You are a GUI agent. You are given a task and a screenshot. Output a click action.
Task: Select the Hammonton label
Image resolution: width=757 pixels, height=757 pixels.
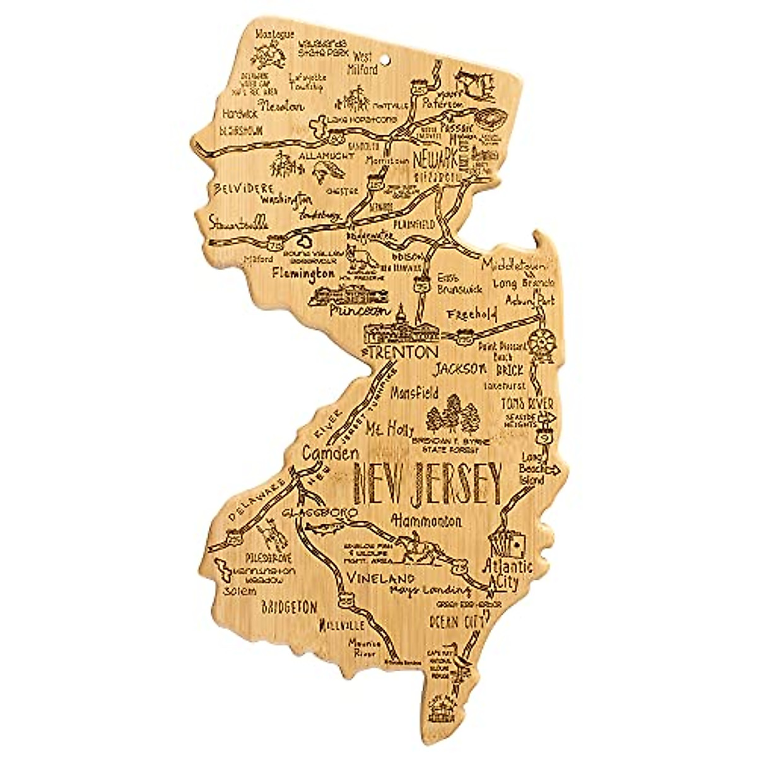pyautogui.click(x=426, y=521)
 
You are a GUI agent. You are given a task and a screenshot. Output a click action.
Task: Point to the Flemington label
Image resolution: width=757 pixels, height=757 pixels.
pyautogui.click(x=303, y=274)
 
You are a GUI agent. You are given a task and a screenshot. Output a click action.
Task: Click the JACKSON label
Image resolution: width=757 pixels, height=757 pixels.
pyautogui.click(x=461, y=368)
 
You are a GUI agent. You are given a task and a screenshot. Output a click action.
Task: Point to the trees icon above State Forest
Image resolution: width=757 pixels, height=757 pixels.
pyautogui.click(x=452, y=414)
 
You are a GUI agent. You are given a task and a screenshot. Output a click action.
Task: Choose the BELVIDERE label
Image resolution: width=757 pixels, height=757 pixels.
pyautogui.click(x=235, y=188)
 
